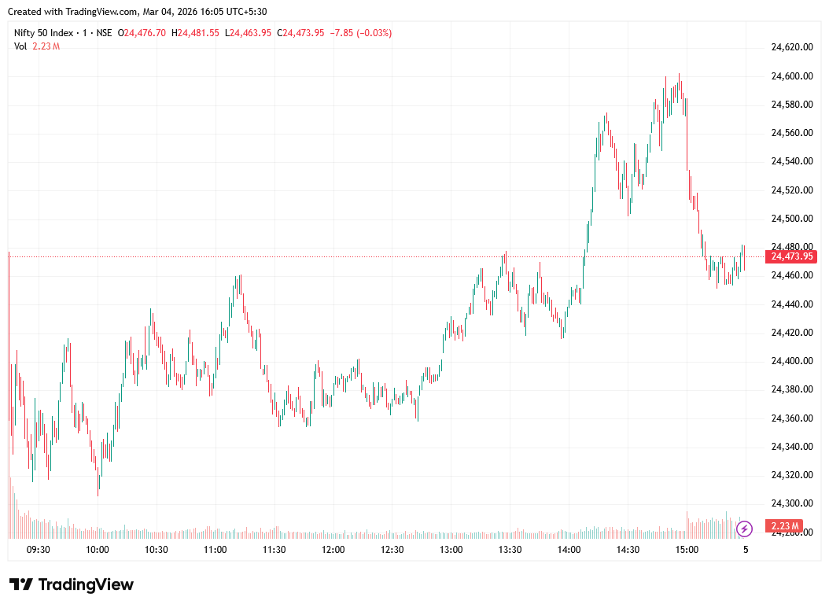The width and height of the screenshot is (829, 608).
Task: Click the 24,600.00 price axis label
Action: (791, 76)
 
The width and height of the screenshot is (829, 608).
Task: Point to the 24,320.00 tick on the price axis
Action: (791, 475)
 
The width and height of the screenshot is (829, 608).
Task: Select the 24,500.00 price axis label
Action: (791, 219)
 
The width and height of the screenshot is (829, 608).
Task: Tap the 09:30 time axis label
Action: (39, 550)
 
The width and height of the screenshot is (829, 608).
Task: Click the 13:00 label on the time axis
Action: (451, 550)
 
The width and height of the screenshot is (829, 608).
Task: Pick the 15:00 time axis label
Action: (687, 550)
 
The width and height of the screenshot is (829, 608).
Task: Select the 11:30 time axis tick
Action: (274, 550)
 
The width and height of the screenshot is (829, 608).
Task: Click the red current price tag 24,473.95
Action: (793, 256)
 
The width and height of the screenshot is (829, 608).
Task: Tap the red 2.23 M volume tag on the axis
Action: (785, 526)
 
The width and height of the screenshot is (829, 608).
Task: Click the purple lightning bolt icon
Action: (745, 528)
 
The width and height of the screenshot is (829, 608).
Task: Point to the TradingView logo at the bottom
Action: (72, 584)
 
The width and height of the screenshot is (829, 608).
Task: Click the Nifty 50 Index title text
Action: (44, 33)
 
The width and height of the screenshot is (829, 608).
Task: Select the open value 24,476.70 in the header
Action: (145, 33)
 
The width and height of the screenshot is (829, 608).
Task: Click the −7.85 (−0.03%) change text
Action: (361, 33)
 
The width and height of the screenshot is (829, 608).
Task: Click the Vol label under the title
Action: (20, 46)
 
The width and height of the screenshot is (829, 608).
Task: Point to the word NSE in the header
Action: (104, 33)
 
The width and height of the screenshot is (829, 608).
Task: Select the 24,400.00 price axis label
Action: (791, 361)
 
